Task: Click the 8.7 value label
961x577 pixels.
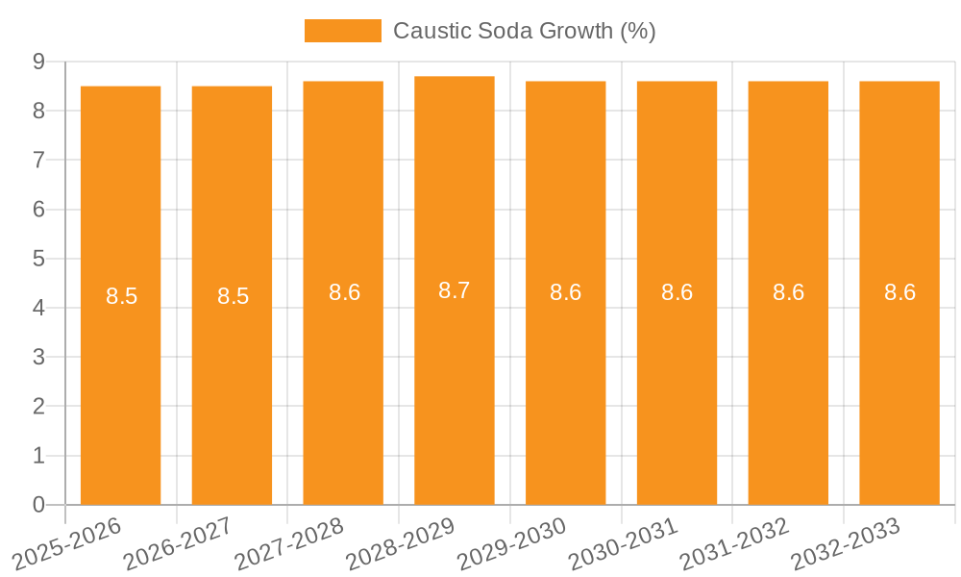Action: tap(454, 290)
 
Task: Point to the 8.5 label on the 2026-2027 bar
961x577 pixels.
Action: tap(233, 296)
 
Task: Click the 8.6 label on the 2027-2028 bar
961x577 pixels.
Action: tap(344, 292)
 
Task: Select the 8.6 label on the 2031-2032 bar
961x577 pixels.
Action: tap(788, 292)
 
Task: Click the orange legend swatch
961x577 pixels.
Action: tap(342, 31)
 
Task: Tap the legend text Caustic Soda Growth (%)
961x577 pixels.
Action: tap(524, 31)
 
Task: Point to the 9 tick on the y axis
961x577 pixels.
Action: tap(38, 62)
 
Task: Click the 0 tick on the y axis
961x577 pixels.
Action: tap(38, 505)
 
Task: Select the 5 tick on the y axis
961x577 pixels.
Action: tap(38, 259)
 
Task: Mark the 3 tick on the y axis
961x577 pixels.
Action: tap(38, 358)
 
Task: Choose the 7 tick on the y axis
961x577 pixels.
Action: tap(38, 160)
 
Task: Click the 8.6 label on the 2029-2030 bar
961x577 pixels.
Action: tap(565, 292)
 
